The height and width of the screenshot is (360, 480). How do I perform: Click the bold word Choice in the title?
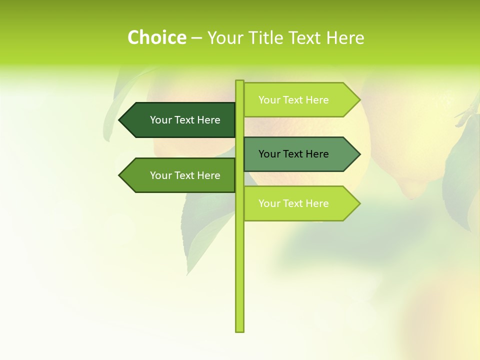pos(156,37)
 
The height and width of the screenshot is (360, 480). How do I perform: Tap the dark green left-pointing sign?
pos(180,120)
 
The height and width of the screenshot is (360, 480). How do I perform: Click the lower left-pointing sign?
pos(180,175)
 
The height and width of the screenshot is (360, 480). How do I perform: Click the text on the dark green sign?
pos(185,120)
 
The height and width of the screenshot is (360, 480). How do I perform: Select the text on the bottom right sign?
pos(293,203)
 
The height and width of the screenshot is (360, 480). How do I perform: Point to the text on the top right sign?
pos(293,100)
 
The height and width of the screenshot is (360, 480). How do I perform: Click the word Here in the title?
pos(345,37)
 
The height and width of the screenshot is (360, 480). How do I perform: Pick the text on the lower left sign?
pos(185,175)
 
